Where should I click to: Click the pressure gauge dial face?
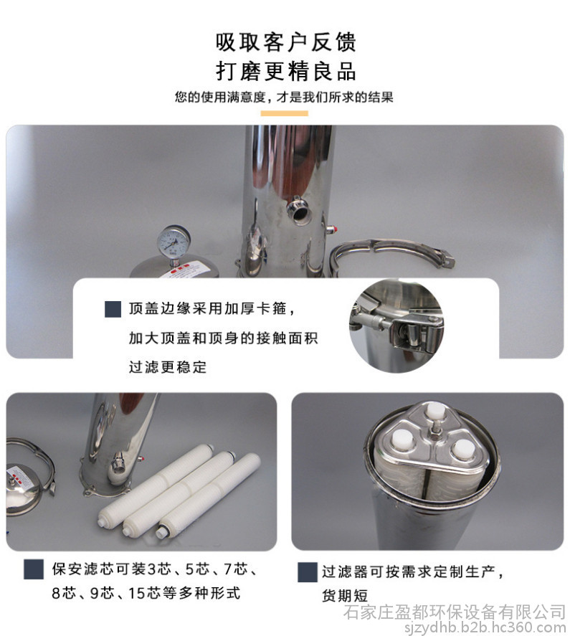[x=174, y=240]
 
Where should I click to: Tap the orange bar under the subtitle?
[x=284, y=113]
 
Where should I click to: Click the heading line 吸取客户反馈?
[x=285, y=42]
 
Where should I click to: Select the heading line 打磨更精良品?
[x=285, y=72]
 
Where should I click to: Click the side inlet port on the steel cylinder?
[x=298, y=209]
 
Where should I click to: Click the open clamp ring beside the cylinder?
[x=391, y=255]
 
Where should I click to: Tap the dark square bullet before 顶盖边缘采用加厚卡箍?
[x=113, y=308]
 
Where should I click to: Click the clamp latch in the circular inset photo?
[x=414, y=329]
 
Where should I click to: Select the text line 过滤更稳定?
[x=168, y=367]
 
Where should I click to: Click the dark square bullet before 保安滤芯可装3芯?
[x=34, y=569]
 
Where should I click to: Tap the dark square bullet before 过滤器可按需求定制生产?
[x=308, y=572]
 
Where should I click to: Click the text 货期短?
[x=344, y=596]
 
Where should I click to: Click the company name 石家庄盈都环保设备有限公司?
[x=455, y=612]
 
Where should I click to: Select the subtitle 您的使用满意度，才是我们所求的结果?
[x=284, y=97]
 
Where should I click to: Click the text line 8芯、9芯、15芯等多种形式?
[x=146, y=593]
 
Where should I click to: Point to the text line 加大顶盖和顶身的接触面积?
[x=223, y=338]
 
